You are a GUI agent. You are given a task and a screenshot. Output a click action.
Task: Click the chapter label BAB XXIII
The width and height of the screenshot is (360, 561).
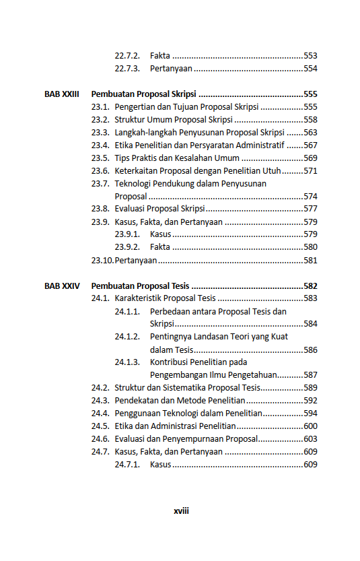[62, 94]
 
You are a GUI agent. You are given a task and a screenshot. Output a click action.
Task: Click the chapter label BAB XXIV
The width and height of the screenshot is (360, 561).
[62, 286]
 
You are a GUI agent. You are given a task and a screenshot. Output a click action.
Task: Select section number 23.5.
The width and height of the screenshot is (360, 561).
[100, 158]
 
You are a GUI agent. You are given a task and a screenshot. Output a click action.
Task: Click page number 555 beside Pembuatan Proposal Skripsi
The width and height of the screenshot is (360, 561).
[310, 94]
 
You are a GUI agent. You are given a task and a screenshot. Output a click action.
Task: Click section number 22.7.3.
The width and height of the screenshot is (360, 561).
[127, 69]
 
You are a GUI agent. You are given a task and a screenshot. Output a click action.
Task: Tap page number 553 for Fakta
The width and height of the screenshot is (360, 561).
[310, 56]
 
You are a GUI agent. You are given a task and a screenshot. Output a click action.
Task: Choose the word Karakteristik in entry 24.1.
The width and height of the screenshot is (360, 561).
[139, 298]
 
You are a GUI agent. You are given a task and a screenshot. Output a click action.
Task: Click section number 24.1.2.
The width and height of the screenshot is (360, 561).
[127, 337]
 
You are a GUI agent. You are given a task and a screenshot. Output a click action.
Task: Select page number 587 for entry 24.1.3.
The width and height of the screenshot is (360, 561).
[310, 375]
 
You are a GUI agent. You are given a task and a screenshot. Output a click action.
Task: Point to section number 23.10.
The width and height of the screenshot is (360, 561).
[102, 260]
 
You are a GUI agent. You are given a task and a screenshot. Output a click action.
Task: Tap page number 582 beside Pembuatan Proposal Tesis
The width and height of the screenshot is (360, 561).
[310, 286]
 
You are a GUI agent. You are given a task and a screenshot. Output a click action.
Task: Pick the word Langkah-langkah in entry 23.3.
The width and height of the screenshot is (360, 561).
[147, 133]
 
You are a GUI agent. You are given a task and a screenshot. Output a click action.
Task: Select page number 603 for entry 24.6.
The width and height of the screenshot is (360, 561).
[310, 439]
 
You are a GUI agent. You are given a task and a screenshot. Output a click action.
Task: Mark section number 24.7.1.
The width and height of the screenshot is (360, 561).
[127, 465]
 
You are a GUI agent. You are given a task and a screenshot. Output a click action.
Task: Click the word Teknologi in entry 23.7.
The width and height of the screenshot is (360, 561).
[134, 183]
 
